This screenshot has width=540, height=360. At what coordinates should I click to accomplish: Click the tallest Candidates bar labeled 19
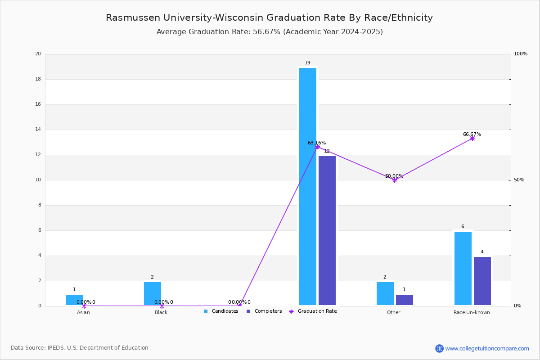(308, 186)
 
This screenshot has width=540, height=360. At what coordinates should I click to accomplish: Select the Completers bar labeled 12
(327, 230)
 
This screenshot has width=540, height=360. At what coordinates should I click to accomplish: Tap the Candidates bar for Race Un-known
(463, 268)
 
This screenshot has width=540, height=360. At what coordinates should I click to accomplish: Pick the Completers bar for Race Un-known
(482, 281)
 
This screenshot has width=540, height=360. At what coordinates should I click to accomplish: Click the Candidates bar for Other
(385, 293)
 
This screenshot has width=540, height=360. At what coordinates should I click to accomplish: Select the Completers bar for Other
(405, 300)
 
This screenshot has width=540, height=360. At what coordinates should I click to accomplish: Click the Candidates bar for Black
(153, 293)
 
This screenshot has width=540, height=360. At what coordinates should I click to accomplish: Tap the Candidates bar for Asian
(75, 300)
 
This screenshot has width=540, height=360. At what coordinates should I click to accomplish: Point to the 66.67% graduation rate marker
(472, 138)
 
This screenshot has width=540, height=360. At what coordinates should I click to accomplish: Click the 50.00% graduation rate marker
(395, 180)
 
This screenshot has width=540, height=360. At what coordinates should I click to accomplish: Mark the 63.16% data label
(317, 143)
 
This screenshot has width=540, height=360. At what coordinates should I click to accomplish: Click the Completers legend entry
(268, 311)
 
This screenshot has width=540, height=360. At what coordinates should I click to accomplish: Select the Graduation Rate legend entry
(317, 311)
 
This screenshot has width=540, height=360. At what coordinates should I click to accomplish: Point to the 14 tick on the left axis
(38, 130)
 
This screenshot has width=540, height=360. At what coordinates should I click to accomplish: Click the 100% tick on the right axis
(521, 54)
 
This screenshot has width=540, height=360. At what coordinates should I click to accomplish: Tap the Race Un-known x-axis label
(472, 312)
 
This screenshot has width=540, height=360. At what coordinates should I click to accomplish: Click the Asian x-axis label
(83, 312)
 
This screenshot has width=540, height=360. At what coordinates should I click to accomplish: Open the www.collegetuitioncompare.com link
(487, 348)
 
